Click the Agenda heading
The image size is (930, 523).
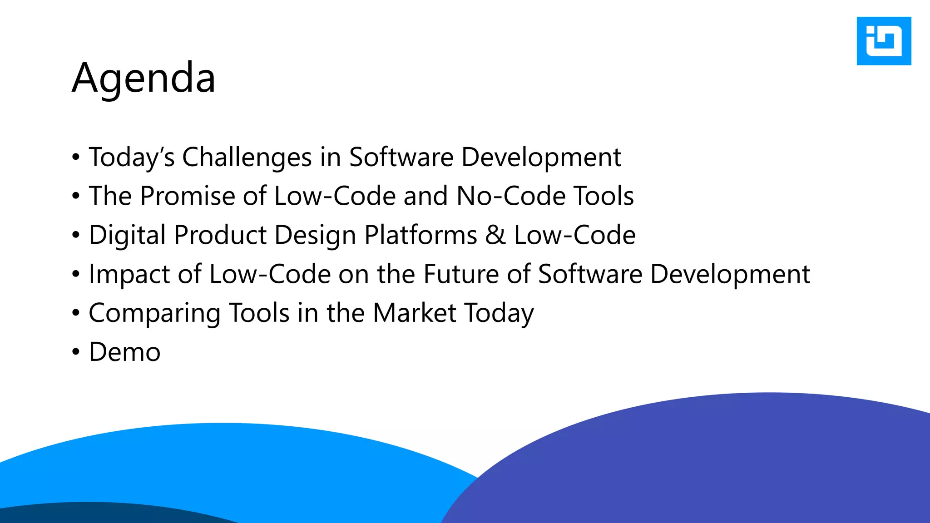tap(143, 78)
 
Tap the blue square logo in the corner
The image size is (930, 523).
tap(883, 41)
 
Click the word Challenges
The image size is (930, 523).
tap(247, 158)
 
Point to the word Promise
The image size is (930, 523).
tap(187, 196)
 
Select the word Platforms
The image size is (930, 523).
tap(420, 235)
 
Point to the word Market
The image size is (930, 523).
tap(414, 313)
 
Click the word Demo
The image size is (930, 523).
tap(124, 352)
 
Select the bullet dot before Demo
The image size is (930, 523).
tap(76, 352)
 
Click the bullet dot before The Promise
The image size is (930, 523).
tap(76, 196)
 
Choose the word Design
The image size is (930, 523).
tap(315, 235)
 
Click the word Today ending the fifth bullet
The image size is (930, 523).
tap(499, 313)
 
